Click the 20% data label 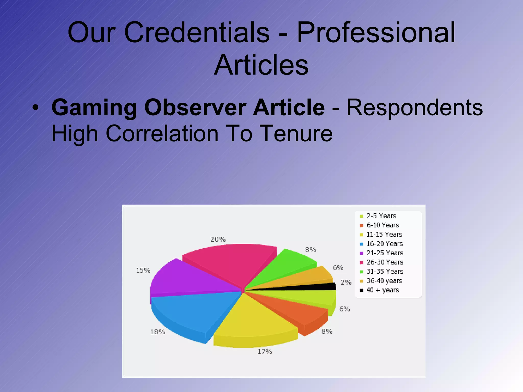click(x=218, y=239)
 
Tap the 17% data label click(x=265, y=352)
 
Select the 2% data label click(x=346, y=283)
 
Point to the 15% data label click(x=143, y=271)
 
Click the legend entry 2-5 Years click(x=381, y=216)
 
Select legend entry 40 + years click(x=383, y=290)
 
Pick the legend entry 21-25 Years click(x=385, y=253)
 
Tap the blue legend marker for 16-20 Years click(x=361, y=244)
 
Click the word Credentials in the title click(x=197, y=33)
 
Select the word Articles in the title click(x=261, y=65)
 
